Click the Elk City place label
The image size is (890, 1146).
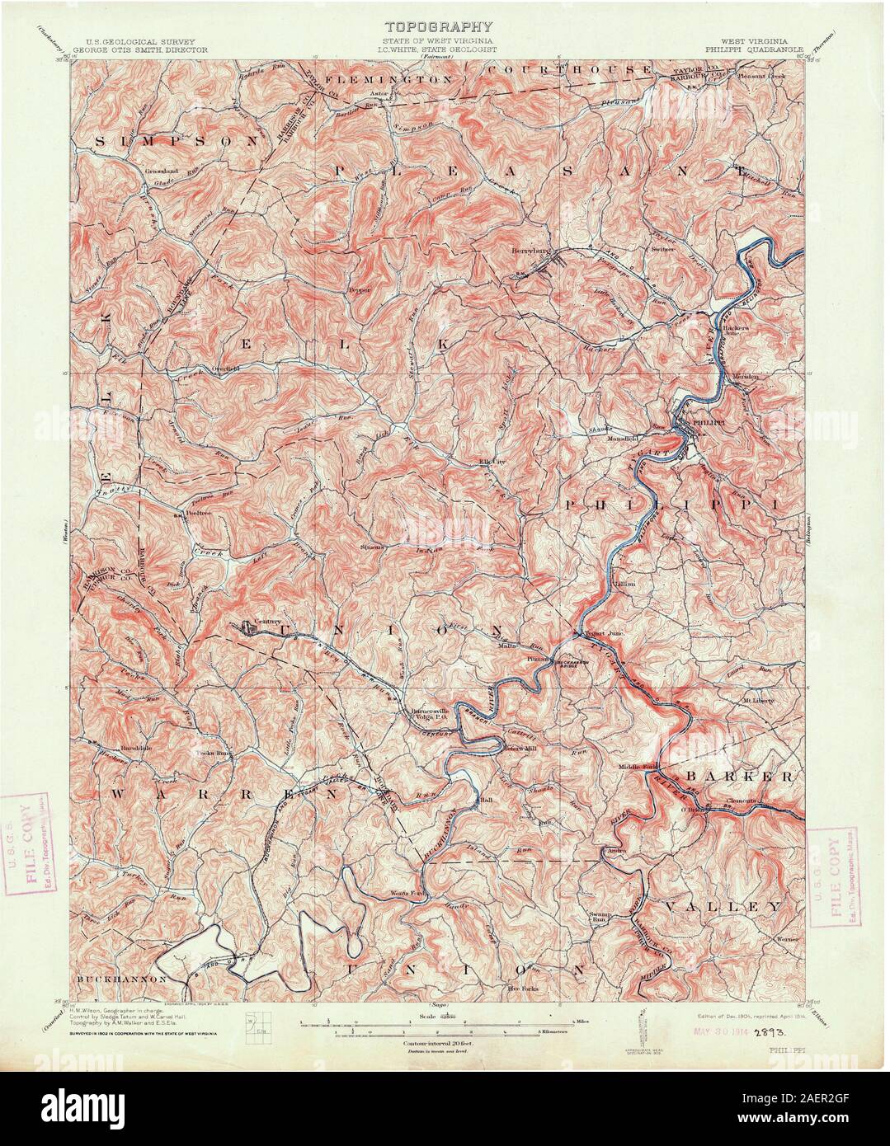[492, 462]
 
